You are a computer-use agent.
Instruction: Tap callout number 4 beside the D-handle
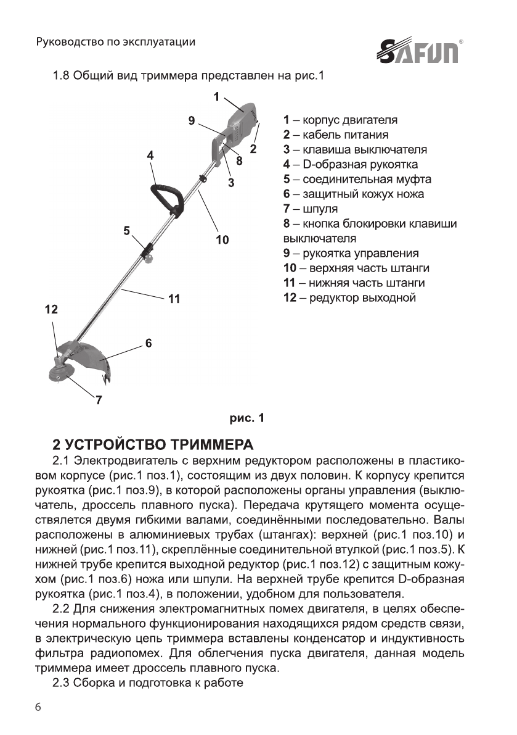(x=150, y=156)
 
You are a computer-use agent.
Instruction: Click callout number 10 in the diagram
(x=222, y=239)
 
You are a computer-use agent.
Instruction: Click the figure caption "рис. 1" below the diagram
(x=246, y=418)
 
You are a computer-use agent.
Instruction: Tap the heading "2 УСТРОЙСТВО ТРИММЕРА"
(x=153, y=445)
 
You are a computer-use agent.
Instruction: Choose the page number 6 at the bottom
(x=40, y=707)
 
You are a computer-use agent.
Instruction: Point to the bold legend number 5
(x=287, y=180)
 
